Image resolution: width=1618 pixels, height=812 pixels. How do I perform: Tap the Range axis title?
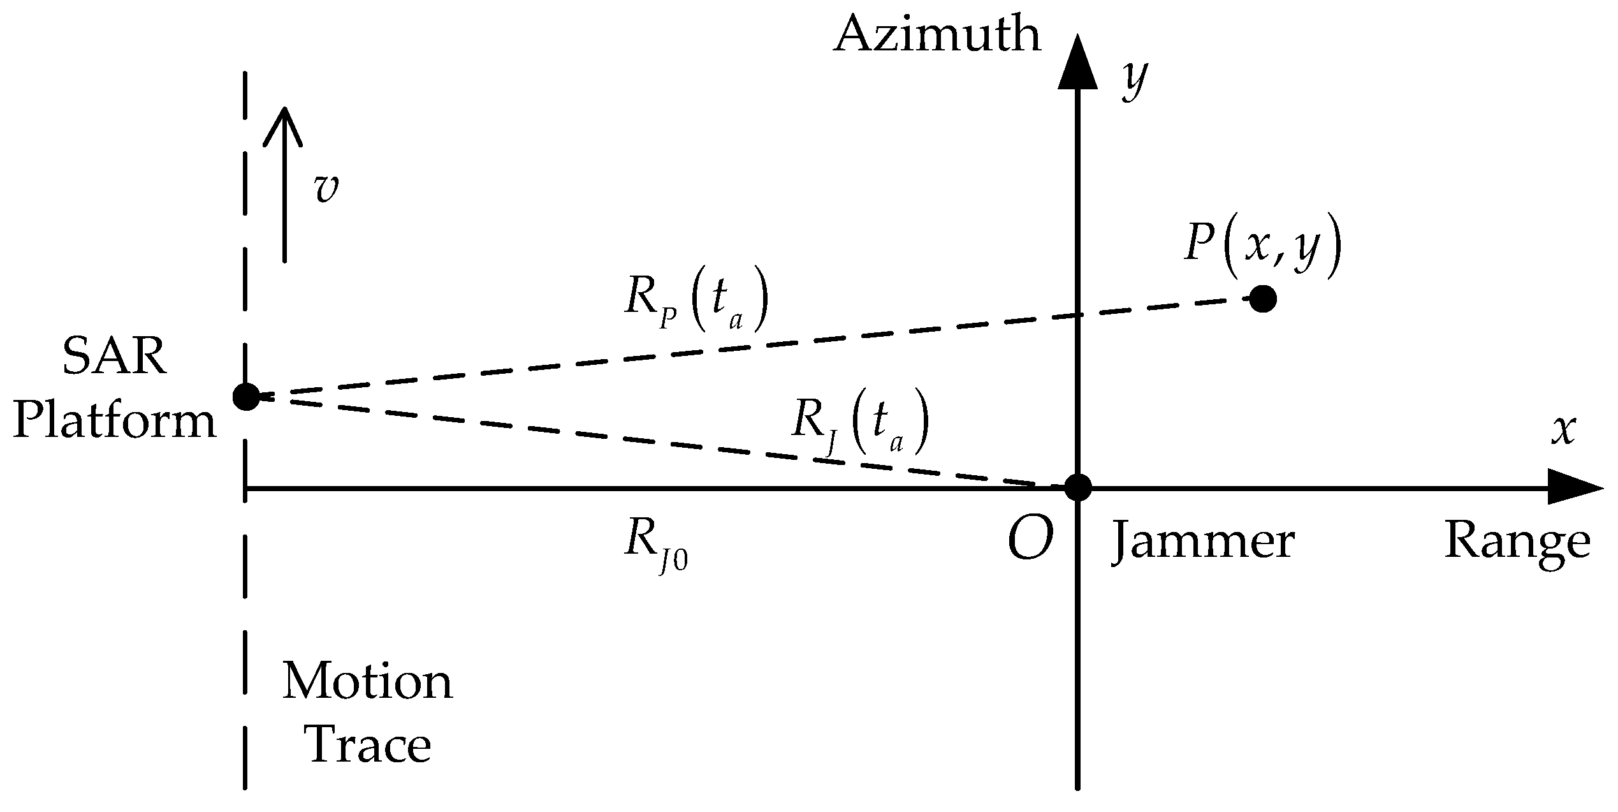point(1517,543)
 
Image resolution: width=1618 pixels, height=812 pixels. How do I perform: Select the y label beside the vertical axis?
point(1135,82)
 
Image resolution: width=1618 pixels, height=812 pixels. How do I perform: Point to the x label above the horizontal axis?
point(1564,430)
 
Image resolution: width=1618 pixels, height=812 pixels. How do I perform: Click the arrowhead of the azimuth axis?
point(1077,64)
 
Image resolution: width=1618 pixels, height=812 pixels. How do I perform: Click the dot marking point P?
point(1263,299)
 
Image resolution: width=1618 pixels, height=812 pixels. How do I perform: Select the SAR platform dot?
point(246,397)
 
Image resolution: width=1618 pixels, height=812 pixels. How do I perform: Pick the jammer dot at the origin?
point(1078,488)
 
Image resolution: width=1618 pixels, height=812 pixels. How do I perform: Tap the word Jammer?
point(1204,543)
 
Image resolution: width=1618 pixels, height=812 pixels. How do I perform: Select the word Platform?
point(115,422)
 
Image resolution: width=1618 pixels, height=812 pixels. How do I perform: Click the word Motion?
point(368,683)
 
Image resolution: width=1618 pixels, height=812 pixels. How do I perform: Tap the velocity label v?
point(326,189)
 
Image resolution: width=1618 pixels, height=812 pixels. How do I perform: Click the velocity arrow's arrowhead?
point(284,124)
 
